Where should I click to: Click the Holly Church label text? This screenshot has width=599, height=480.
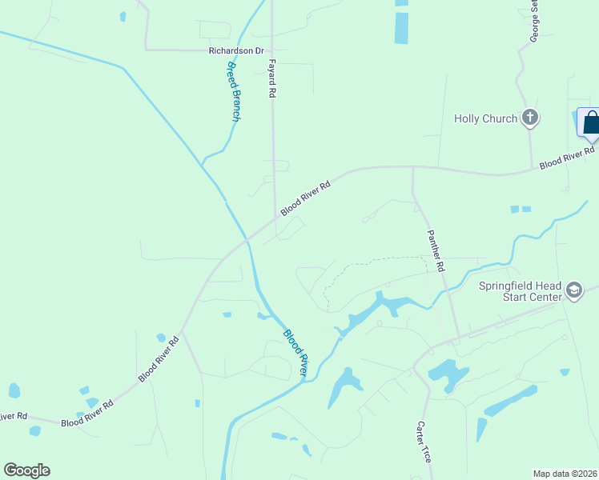(485, 119)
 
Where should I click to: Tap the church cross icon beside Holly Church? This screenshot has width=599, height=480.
(529, 118)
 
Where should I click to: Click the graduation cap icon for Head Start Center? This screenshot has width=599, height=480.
(573, 290)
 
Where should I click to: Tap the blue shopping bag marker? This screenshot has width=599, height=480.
(591, 123)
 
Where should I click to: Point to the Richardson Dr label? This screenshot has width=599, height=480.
(236, 50)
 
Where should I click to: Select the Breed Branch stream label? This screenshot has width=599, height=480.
(233, 91)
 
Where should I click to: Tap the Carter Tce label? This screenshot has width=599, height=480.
(424, 442)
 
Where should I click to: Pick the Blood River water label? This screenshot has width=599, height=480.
(295, 352)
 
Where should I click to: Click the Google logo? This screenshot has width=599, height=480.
(26, 470)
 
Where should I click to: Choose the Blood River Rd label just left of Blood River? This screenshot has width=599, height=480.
(159, 358)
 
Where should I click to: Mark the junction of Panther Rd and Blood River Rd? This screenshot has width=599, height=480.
(413, 169)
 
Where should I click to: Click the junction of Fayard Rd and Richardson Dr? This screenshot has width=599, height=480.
(272, 50)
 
